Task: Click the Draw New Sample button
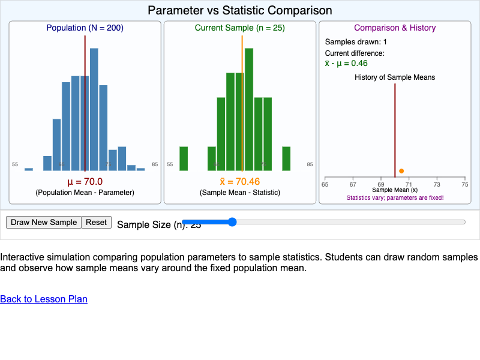(44, 222)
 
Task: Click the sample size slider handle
(232, 222)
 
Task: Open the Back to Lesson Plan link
(44, 299)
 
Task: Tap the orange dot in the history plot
(401, 171)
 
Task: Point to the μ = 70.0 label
(85, 182)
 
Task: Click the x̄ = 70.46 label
(239, 182)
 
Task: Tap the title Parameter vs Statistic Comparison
(240, 10)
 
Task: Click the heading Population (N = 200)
(85, 28)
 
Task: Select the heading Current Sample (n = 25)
(239, 28)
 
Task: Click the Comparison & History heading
(395, 28)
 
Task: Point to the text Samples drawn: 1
(356, 42)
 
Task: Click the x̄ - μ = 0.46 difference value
(346, 63)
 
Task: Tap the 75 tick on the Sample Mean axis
(465, 184)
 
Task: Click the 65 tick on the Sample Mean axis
(325, 184)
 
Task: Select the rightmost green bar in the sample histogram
(287, 158)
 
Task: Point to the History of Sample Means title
(395, 77)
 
